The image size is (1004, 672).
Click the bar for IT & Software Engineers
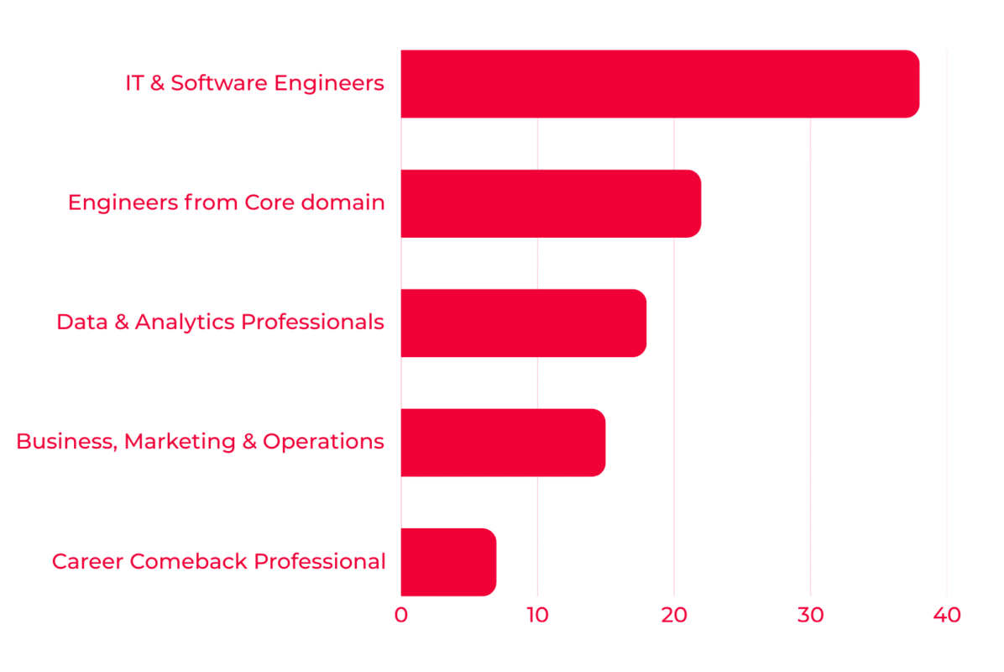[x=660, y=84]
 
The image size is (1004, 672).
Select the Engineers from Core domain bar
[x=551, y=204]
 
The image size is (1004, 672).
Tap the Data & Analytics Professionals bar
[x=524, y=323]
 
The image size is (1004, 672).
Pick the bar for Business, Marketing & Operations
[x=504, y=443]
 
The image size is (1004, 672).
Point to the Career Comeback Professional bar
[x=448, y=562]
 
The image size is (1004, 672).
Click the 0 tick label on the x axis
[x=400, y=615]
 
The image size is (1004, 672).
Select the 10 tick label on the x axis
[x=538, y=615]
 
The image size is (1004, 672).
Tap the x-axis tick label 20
[x=673, y=615]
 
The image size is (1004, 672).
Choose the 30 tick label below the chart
[x=811, y=615]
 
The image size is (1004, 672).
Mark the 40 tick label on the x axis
[x=947, y=615]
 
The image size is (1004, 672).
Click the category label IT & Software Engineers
[x=255, y=83]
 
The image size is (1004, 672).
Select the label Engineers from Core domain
[x=226, y=202]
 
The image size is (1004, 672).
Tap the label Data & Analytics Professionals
[x=220, y=322]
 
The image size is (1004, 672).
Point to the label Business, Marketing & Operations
[x=200, y=441]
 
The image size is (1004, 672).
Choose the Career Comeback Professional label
[x=219, y=561]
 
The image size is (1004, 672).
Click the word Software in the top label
[x=219, y=83]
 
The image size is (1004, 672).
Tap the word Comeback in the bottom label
[x=188, y=561]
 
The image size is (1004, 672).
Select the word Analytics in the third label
[x=185, y=323]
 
